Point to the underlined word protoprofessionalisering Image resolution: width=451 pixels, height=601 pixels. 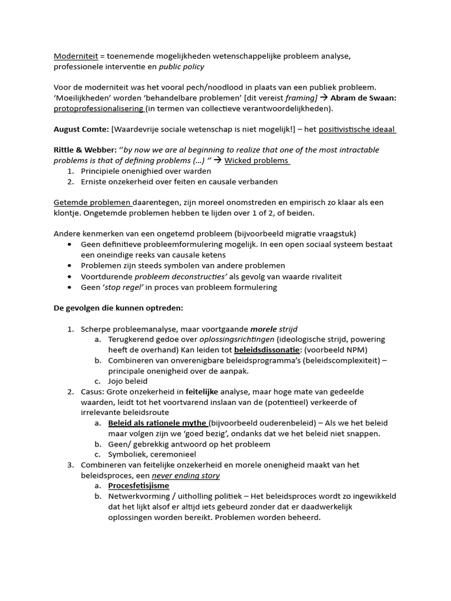coord(98,109)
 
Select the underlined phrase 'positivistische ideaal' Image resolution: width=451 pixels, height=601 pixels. coord(357,129)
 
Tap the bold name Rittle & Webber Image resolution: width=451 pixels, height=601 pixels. coord(84,150)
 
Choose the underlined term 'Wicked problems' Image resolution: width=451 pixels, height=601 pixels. coord(257,160)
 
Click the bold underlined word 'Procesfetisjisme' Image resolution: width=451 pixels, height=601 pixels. coord(139,485)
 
